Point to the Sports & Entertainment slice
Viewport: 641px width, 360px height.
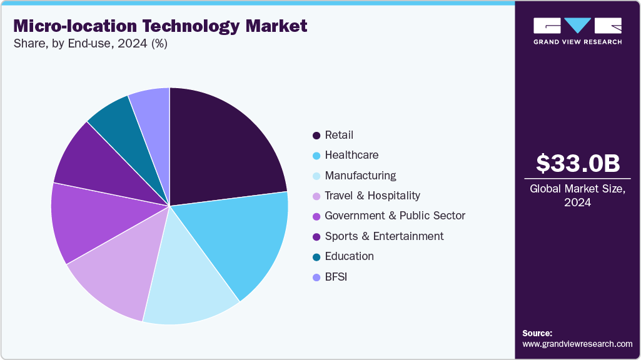pos(94,166)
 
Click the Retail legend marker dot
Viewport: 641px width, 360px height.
pos(316,135)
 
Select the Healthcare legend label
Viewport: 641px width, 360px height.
pos(351,155)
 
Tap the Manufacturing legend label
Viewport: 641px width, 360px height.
pos(360,176)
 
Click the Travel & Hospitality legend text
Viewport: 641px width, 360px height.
pos(373,196)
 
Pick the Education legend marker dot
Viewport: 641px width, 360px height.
pos(316,256)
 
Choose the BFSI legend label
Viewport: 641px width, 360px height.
pos(336,276)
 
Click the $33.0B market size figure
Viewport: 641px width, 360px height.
pos(578,163)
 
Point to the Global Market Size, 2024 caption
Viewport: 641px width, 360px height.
pos(578,195)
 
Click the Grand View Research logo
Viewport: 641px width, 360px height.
pos(578,31)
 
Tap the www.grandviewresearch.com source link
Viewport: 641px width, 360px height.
pos(578,344)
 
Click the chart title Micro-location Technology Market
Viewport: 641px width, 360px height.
pos(160,26)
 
